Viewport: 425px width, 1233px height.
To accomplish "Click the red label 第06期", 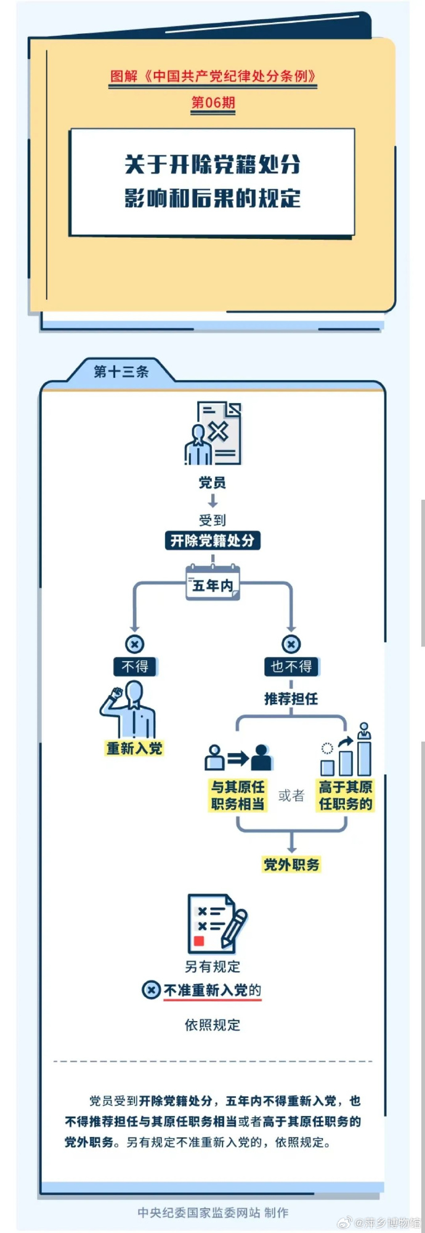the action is pos(213,102).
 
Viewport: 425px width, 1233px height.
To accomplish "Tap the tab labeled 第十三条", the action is pos(121,372).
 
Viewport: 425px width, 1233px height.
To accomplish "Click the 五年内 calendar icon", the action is pos(213,582).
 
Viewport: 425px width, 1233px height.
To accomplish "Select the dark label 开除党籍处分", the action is pos(212,540).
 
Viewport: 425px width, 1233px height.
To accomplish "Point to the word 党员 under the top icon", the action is pos(212,482).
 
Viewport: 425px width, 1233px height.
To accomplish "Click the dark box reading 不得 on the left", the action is pos(135,666).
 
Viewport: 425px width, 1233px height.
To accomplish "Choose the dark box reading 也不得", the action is pos(291,666).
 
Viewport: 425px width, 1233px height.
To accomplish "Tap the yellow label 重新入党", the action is pos(134,748).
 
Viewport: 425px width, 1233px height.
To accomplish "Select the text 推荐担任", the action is pos(291,698).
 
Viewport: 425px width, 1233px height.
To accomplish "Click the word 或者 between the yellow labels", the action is pos(291,796).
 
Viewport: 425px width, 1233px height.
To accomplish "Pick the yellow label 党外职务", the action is pos(292,865).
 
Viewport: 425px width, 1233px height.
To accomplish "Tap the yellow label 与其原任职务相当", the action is pos(238,796).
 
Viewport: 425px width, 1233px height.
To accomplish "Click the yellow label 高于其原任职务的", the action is pos(346,796).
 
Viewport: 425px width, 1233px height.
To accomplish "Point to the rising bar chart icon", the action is pos(346,750).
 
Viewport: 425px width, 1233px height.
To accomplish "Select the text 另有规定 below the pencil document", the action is pos(212,966).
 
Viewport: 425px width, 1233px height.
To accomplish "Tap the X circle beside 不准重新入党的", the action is pos(152,990).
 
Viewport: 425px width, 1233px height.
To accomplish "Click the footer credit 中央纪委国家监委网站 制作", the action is pos(213,1213).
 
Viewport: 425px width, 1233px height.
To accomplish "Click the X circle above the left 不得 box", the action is pos(135,644).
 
